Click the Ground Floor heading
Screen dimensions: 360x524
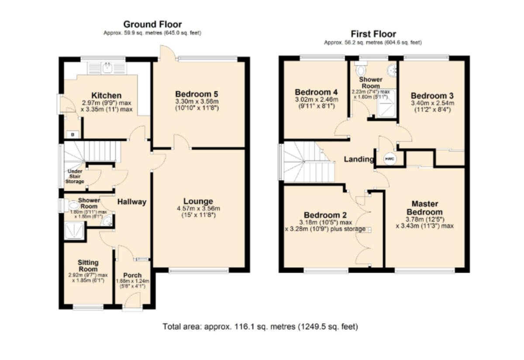[152, 24]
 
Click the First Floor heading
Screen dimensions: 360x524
[373, 34]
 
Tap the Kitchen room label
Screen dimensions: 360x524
[107, 96]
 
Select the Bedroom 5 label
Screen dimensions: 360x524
[196, 94]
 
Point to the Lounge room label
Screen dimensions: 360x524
[198, 201]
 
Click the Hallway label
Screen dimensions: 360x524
[131, 202]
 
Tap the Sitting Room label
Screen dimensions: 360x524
[88, 266]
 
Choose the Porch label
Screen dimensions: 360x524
[132, 275]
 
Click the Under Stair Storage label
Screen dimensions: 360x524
[75, 176]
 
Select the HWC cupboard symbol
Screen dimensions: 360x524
[390, 159]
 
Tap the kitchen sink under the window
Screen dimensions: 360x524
[107, 68]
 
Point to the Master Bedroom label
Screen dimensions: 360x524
[425, 208]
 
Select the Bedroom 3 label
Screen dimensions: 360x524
[432, 96]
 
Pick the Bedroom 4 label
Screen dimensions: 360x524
[316, 92]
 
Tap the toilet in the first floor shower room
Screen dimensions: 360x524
[361, 70]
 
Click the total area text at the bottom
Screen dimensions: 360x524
[260, 326]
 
